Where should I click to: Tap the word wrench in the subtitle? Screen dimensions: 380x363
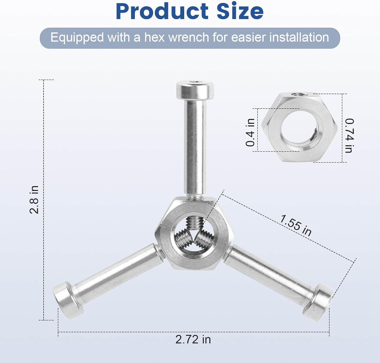point(188,37)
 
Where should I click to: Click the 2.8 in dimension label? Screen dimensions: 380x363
point(34,200)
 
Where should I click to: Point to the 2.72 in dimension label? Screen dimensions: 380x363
point(193,339)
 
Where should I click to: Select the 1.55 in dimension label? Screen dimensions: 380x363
point(295,225)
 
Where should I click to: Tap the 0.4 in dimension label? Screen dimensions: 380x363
point(250,132)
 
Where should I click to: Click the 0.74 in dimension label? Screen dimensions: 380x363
point(349,135)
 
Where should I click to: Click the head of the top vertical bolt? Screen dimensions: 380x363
point(195,90)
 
